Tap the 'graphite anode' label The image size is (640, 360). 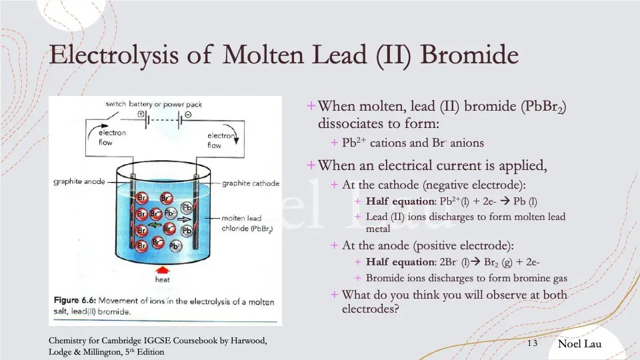(x=79, y=182)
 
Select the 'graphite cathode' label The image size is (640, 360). (x=250, y=183)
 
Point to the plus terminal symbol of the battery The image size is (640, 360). (x=141, y=114)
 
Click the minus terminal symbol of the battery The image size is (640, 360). (x=189, y=114)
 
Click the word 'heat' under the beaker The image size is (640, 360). (x=162, y=279)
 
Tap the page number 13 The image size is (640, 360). (x=532, y=343)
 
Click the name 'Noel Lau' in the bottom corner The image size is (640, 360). (x=579, y=344)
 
